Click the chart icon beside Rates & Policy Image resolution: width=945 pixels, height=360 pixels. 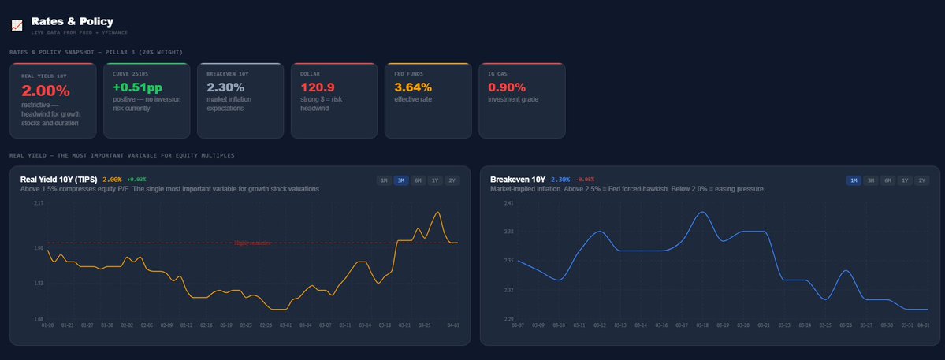click(17, 25)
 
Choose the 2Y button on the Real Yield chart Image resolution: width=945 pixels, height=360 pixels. click(452, 180)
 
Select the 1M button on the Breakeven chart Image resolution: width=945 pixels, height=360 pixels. click(854, 180)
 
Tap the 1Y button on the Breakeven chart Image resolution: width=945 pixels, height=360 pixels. click(906, 180)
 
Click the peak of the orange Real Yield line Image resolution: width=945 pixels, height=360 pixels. click(437, 212)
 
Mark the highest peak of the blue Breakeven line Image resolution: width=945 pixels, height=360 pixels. click(703, 212)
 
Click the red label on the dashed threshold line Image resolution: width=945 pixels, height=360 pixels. click(252, 243)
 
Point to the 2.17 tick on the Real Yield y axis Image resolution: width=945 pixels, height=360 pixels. click(38, 203)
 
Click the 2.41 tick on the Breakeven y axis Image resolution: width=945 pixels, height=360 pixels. click(508, 203)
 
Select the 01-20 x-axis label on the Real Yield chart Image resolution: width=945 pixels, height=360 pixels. click(47, 325)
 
